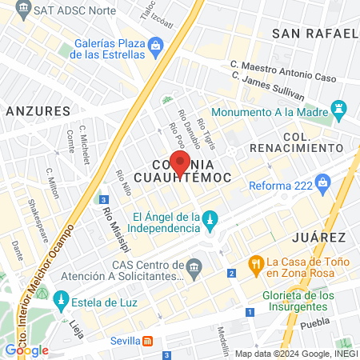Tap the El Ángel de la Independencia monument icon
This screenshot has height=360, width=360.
pos(210,218)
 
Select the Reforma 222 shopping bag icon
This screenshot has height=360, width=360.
pos(322,182)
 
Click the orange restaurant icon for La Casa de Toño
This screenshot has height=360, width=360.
pos(256,262)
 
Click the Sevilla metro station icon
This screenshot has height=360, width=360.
pos(147,340)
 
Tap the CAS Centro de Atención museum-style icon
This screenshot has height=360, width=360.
pos(194,265)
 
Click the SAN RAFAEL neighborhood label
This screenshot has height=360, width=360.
pos(314,34)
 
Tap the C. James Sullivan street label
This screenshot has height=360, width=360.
pos(269,85)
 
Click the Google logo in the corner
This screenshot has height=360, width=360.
pos(26,350)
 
